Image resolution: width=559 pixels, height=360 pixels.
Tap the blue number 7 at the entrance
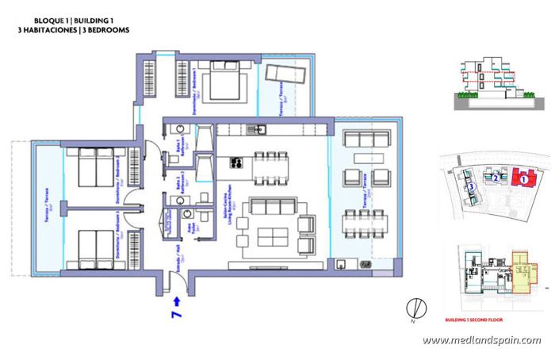(174, 316)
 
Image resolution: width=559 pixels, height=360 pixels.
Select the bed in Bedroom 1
(218, 82)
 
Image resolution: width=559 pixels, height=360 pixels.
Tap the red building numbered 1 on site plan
(523, 179)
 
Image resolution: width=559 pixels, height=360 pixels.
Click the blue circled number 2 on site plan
(495, 178)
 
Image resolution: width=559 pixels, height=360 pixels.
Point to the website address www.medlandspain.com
(481, 340)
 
